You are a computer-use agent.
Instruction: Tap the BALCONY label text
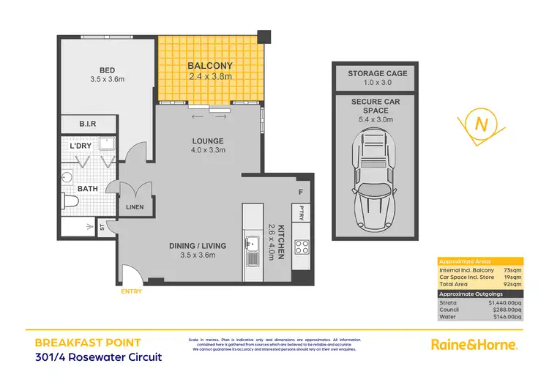(209, 64)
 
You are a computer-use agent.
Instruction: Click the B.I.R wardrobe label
(88, 124)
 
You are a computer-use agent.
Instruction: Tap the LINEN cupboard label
(135, 207)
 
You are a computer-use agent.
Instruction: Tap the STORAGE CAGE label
(378, 73)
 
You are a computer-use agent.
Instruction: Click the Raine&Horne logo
(473, 344)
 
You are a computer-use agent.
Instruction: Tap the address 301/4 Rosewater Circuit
(98, 357)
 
